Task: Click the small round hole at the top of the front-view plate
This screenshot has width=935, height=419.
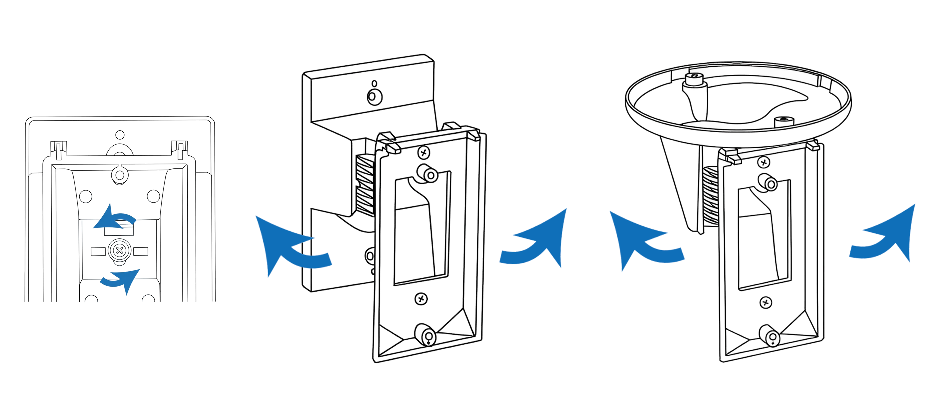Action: pyautogui.click(x=120, y=135)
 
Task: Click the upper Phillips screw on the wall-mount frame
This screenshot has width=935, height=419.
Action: pyautogui.click(x=424, y=152)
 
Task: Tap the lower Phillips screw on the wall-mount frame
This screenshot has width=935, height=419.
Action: pyautogui.click(x=421, y=299)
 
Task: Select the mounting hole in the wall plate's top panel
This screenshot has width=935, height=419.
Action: pyautogui.click(x=374, y=96)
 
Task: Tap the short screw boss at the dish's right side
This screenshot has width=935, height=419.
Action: pyautogui.click(x=784, y=122)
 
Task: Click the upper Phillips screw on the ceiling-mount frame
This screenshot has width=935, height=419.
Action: pyautogui.click(x=764, y=162)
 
